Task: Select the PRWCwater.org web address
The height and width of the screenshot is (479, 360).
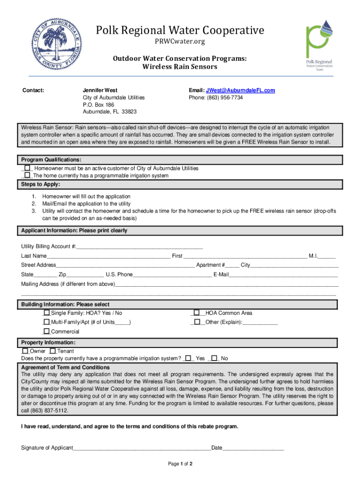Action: coord(180,43)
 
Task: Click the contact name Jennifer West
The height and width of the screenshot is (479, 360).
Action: coord(100,90)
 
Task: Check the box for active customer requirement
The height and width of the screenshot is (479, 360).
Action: coord(27,168)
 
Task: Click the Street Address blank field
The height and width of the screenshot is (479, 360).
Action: coord(125,265)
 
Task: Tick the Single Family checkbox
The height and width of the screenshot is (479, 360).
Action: coord(46,313)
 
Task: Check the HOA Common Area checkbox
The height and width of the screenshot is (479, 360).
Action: coord(197,313)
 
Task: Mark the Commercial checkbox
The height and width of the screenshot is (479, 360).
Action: coord(46,331)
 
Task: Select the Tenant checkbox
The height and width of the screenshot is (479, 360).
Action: coord(53,351)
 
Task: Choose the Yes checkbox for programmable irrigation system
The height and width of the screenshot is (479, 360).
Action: coord(188,358)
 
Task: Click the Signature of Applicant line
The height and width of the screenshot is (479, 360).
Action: coord(142,448)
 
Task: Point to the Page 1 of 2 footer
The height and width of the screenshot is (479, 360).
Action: coord(180,464)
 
